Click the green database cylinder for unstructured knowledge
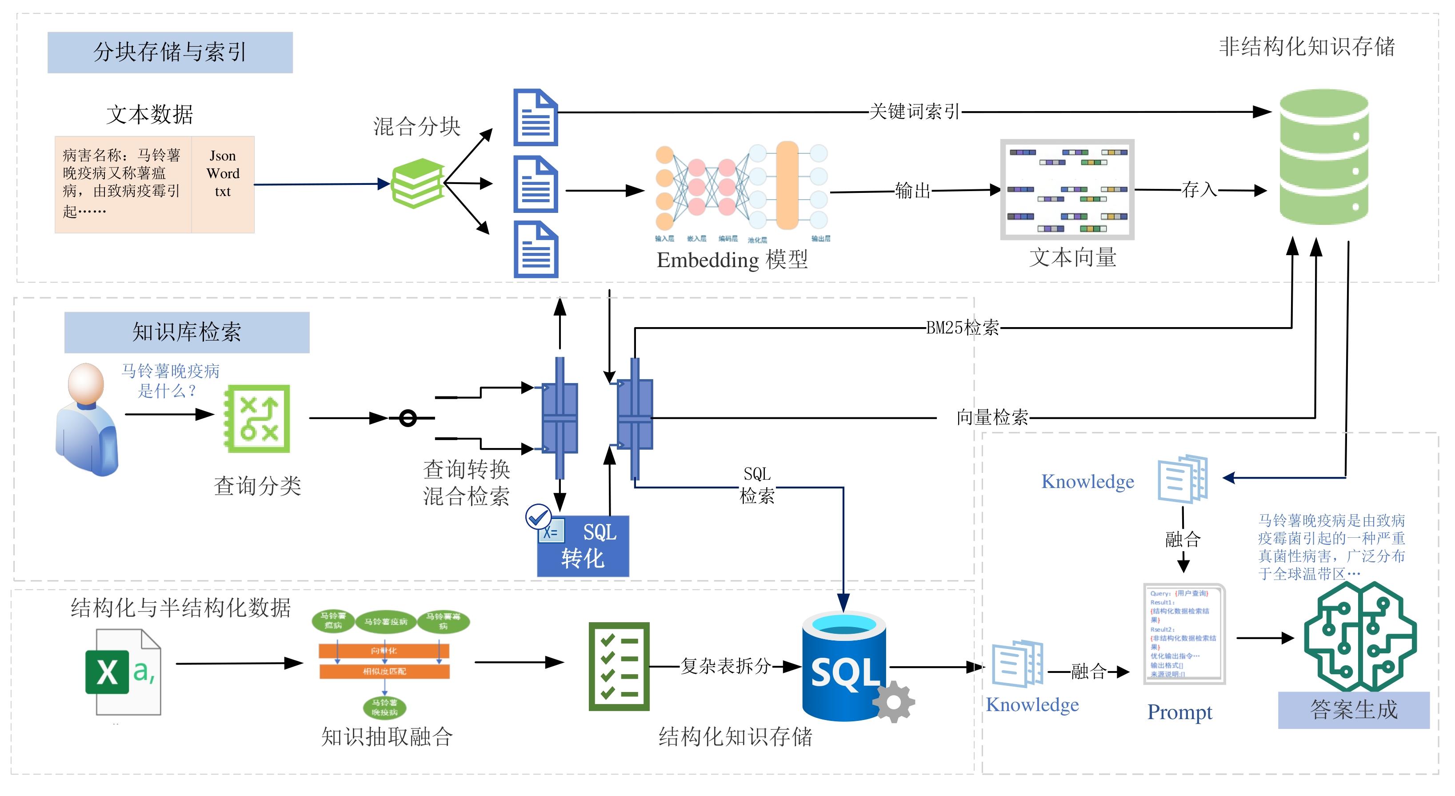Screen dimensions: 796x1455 click(x=1323, y=157)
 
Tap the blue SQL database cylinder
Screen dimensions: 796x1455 click(x=843, y=667)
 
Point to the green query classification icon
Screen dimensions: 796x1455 click(x=258, y=419)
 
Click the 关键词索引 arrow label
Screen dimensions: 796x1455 click(x=914, y=111)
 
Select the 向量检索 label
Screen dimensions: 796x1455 click(x=992, y=417)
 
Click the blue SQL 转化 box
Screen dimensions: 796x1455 click(x=583, y=546)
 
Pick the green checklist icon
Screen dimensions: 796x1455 click(x=619, y=666)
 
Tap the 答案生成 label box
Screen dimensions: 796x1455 click(x=1353, y=710)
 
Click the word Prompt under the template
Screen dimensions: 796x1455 click(x=1179, y=712)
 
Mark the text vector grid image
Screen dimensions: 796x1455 click(x=1067, y=189)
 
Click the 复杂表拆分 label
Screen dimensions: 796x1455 click(x=725, y=666)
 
